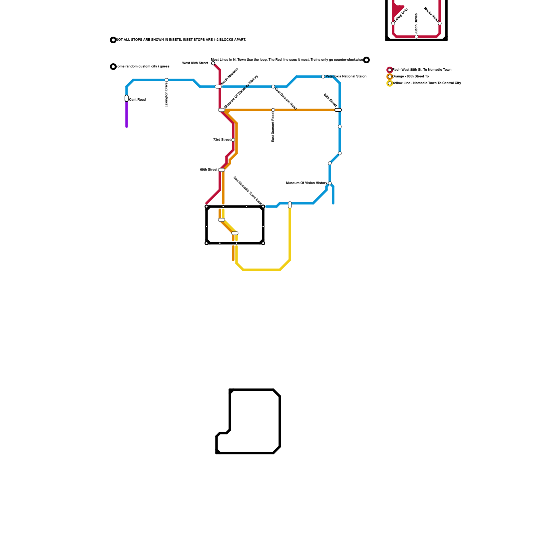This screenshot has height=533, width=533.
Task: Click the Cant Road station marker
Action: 127,98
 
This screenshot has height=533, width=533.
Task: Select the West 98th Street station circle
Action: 213,63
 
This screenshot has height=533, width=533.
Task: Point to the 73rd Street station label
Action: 222,140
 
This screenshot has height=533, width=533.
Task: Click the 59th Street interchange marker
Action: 222,170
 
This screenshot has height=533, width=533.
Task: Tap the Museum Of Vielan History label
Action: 306,183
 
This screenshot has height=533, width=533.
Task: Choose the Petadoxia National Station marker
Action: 323,77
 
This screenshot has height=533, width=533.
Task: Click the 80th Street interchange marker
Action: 338,110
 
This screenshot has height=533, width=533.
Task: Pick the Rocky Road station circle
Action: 440,23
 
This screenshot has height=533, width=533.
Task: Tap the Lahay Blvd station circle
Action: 393,23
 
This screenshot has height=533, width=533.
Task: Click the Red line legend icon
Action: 390,70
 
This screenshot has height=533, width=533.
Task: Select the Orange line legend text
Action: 410,77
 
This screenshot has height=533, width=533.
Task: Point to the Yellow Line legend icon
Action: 390,83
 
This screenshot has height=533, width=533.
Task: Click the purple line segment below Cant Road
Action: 127,115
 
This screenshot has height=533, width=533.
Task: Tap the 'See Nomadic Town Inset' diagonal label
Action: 248,191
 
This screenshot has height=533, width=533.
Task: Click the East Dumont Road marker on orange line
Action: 273,110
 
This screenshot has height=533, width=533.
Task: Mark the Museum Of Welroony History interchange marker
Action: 222,110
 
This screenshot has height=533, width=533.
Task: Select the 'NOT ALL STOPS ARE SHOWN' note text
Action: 181,40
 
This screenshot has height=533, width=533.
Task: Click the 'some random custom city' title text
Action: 143,67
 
